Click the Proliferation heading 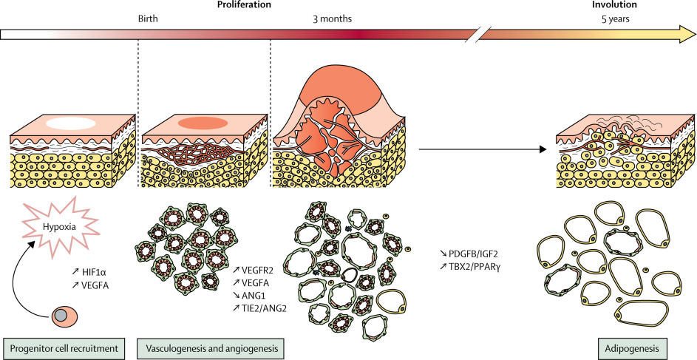(x=243, y=5)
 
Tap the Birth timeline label (x=149, y=19)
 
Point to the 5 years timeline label (x=616, y=19)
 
